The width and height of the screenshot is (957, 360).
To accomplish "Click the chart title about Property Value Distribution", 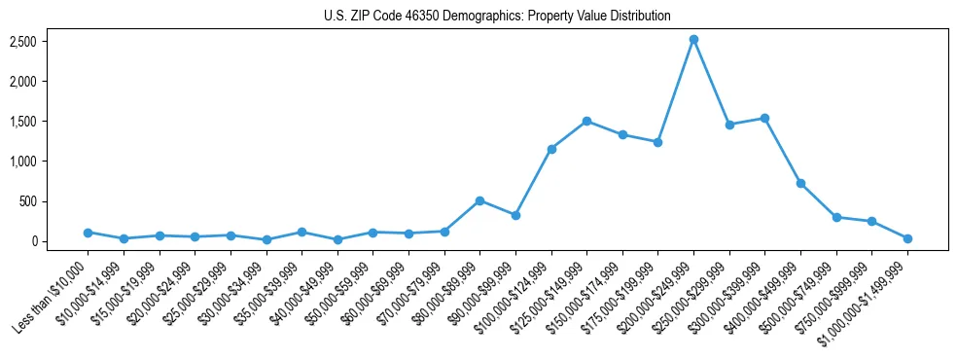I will (x=497, y=16).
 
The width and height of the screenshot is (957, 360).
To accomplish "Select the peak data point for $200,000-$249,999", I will (x=693, y=40).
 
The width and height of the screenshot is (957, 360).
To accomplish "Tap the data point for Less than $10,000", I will (x=88, y=233).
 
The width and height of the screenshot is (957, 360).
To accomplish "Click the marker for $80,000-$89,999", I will (x=479, y=200).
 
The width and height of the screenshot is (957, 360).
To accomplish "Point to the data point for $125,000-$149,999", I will (x=586, y=121).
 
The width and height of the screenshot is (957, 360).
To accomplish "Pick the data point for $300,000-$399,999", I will (x=764, y=118).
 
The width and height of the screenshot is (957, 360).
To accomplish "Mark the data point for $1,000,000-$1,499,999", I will (x=907, y=238).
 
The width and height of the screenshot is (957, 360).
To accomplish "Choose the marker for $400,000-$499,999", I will (x=800, y=183).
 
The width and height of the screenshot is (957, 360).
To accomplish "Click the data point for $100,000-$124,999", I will (x=551, y=149).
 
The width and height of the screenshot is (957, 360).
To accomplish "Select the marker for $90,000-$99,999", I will (x=515, y=215).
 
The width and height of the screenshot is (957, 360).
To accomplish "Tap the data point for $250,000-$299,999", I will (x=729, y=125).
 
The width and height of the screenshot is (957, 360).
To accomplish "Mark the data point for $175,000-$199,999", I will (x=657, y=142).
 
